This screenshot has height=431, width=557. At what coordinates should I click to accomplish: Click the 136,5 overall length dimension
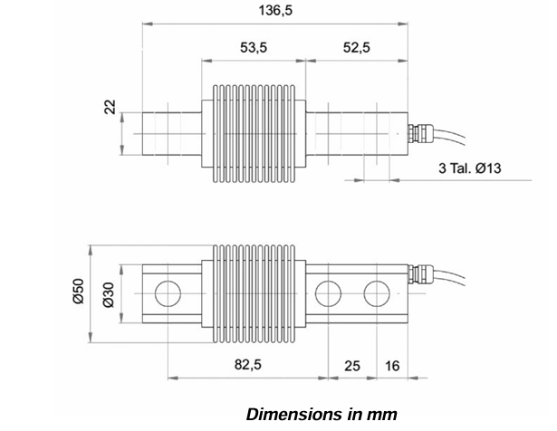275,11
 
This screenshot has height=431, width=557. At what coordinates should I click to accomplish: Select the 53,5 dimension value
254,47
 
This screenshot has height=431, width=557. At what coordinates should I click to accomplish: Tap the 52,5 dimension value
357,47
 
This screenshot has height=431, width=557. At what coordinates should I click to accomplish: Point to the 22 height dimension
110,107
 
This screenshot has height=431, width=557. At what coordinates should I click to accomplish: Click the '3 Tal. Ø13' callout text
470,168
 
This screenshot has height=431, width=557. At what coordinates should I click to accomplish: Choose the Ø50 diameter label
78,292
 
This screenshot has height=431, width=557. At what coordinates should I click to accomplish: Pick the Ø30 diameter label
108,295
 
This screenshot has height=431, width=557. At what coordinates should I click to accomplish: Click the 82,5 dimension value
247,365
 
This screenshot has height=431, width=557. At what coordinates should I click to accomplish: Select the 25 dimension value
352,366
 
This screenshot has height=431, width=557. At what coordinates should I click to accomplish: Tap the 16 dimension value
392,366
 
